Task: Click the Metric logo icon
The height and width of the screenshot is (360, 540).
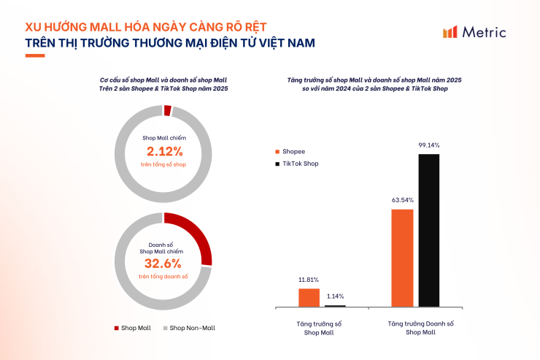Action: (450, 31)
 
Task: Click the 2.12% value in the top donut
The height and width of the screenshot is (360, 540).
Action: (164, 152)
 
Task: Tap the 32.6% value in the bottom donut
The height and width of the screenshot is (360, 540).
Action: (164, 263)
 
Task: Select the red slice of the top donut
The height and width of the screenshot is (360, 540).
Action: (168, 111)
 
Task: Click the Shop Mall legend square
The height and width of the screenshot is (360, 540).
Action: (117, 328)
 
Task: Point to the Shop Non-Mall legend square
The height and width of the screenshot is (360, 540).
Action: (165, 328)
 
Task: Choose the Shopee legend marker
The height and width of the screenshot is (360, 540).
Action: (277, 151)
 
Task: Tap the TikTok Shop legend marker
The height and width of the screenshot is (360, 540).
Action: (277, 164)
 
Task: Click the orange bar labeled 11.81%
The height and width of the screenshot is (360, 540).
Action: (309, 297)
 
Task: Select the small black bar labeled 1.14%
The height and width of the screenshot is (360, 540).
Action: (335, 305)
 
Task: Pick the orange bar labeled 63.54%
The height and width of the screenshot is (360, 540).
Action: (403, 258)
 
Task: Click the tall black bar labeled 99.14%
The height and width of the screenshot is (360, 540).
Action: (429, 230)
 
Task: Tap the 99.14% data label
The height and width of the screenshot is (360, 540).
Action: (429, 145)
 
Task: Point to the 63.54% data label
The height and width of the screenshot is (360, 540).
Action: (403, 199)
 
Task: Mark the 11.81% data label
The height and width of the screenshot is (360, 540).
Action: (309, 280)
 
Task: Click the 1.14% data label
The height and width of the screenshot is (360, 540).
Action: (336, 296)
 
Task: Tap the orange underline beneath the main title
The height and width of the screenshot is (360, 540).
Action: (35, 56)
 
